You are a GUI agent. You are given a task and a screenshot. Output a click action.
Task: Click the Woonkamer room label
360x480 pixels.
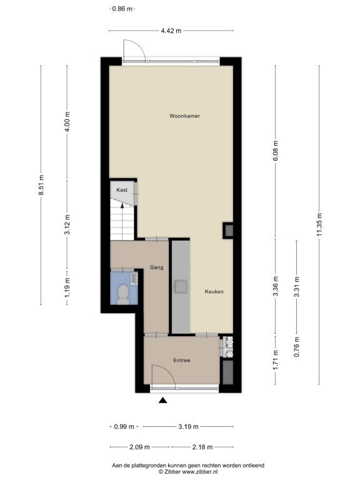point(184,116)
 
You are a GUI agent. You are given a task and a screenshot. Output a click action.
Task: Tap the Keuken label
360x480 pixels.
point(214,292)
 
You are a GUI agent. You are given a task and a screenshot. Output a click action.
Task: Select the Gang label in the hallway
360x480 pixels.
point(156,267)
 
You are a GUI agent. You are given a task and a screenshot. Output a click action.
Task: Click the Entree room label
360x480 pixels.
point(181,360)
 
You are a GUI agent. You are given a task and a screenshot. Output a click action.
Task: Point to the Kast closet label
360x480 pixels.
point(122,190)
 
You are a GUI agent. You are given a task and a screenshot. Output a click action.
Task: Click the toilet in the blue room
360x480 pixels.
point(123,294)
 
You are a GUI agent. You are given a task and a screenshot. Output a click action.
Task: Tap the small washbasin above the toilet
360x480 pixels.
point(134,279)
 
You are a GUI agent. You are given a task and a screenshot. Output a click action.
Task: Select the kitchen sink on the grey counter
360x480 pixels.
point(180,286)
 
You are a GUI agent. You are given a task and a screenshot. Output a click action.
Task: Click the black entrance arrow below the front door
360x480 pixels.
point(163,400)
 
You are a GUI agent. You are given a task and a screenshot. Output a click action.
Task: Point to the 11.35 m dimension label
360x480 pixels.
point(319,225)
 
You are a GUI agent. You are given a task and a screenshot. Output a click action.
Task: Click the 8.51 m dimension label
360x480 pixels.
point(41,185)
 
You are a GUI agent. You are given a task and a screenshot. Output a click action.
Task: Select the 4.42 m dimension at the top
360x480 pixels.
point(171,31)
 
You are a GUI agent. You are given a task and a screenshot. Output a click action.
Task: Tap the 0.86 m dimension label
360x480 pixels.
point(122,9)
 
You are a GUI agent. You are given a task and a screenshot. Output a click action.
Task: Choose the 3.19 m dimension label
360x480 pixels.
point(188,426)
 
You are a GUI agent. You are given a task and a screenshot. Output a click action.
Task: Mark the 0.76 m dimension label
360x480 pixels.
point(297,346)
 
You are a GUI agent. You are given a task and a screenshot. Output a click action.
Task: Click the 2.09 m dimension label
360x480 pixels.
point(139,447)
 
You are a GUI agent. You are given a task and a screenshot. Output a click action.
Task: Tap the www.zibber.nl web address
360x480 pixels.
point(200,472)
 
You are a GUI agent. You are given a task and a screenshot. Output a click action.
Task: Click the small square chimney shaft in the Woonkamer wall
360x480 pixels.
point(228,230)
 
